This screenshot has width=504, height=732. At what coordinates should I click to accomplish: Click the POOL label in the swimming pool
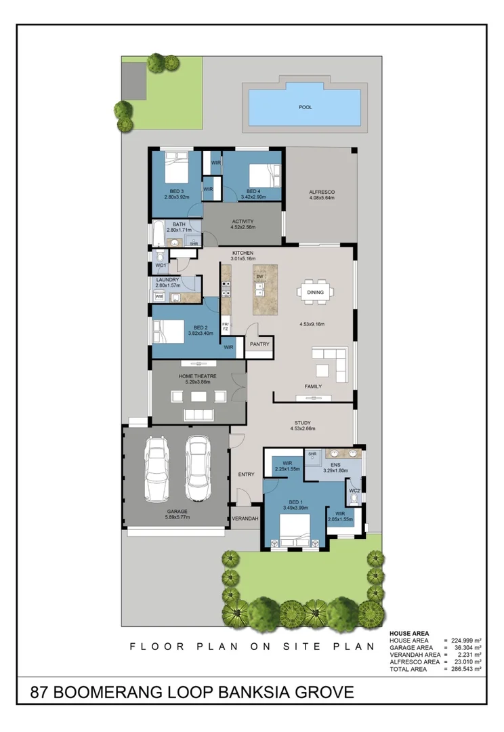point(306,106)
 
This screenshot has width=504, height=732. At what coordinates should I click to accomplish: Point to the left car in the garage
point(157,468)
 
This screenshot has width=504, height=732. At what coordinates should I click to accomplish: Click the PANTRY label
point(259,344)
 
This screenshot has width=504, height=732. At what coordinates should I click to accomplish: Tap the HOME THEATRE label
point(197,376)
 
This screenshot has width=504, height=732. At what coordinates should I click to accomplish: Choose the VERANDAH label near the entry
point(245,518)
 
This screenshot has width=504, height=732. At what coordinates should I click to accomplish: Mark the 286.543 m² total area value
point(465,668)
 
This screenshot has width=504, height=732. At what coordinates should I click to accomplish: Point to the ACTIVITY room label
point(243,222)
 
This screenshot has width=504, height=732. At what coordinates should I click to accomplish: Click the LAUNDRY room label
point(167,280)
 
